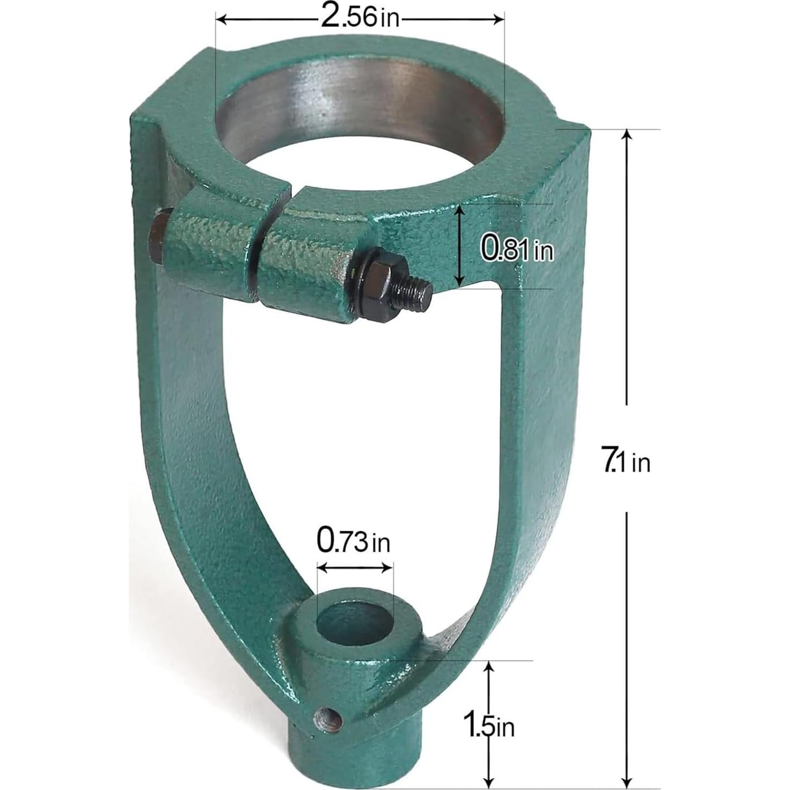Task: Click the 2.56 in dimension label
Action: point(360,18)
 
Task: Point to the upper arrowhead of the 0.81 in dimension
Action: point(459,210)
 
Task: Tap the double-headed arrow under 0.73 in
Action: point(355,567)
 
